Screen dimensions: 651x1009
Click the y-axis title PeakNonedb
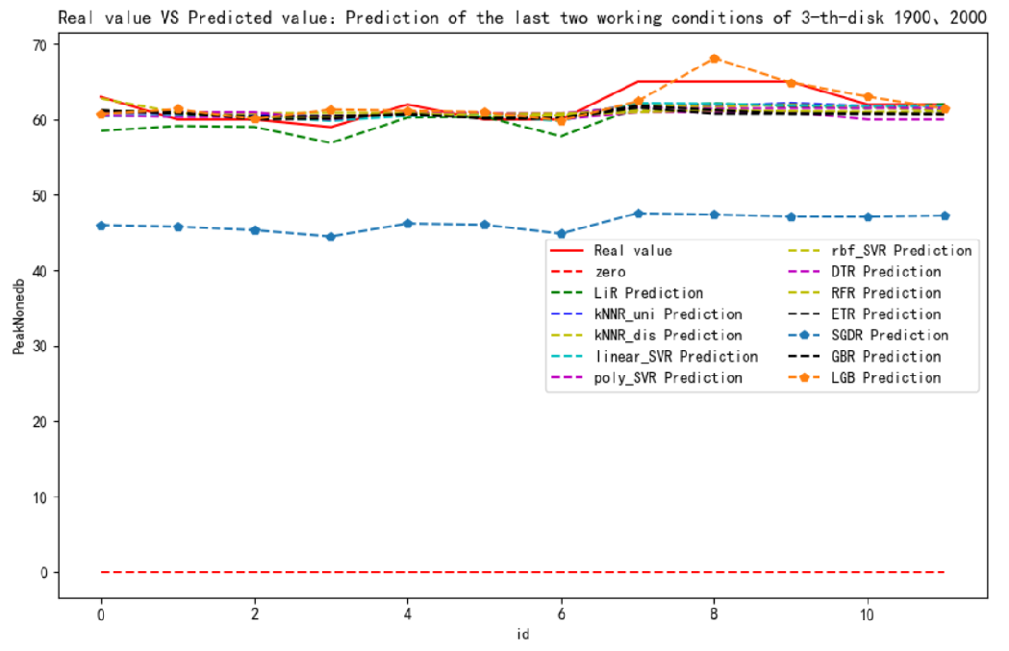(18, 318)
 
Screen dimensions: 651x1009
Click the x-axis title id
(522, 635)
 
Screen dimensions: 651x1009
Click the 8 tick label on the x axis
(715, 613)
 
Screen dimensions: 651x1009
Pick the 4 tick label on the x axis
(408, 613)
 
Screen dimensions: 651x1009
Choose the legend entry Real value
(632, 251)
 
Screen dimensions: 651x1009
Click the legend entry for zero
(610, 272)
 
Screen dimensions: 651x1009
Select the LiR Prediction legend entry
(648, 293)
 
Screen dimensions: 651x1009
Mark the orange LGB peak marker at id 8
(715, 59)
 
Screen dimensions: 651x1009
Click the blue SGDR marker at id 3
(331, 237)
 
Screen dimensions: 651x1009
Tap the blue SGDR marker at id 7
(638, 213)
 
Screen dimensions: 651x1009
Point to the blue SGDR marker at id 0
(101, 225)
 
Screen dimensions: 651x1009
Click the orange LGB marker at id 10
(868, 97)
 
